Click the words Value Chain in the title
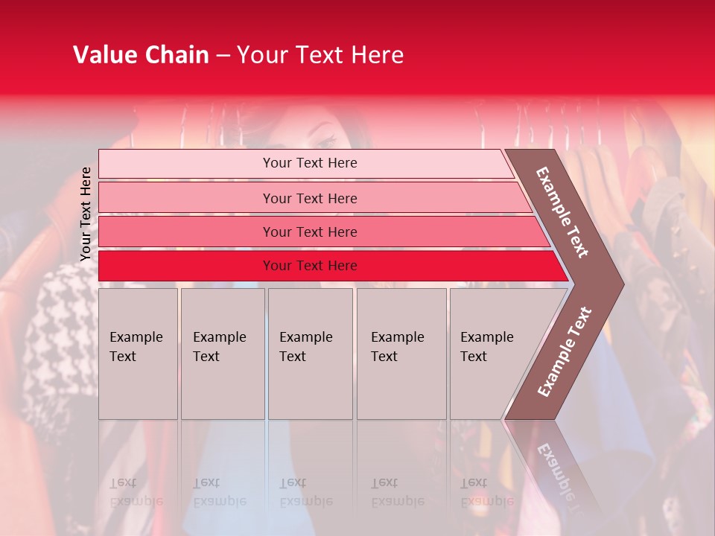coord(141,55)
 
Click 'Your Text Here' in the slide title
coord(320,55)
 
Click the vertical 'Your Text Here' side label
coord(86,214)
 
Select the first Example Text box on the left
coord(138,354)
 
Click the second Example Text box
coord(222,354)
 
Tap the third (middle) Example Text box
coord(310,354)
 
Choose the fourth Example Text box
coord(401,354)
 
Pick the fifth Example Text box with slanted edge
coord(492,354)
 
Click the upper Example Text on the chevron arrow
coord(562,212)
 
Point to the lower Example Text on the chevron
coord(565,351)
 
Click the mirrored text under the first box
coord(136,491)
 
